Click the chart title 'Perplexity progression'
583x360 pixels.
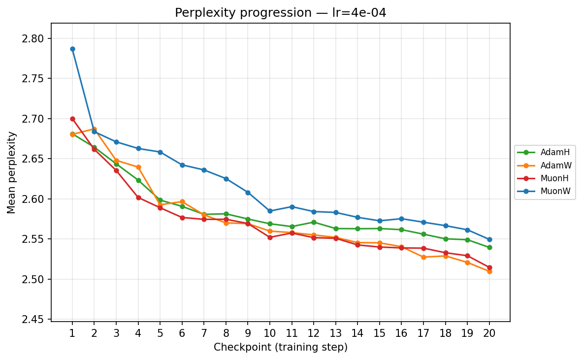[x=280, y=13]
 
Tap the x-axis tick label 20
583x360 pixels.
[x=489, y=333]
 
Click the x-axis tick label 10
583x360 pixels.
[x=270, y=333]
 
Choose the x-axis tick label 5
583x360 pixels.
[x=160, y=333]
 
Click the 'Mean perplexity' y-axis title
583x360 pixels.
[x=11, y=172]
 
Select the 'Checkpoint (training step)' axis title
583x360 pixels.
[x=281, y=347]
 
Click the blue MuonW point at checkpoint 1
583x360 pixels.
[x=72, y=49]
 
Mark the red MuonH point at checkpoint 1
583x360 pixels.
[x=72, y=119]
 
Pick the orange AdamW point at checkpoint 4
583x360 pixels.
[x=138, y=167]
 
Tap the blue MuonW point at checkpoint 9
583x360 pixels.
[x=248, y=193]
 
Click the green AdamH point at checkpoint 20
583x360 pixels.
[x=489, y=248]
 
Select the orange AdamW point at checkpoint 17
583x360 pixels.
[x=423, y=257]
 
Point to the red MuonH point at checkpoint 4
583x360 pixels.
[x=138, y=197]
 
